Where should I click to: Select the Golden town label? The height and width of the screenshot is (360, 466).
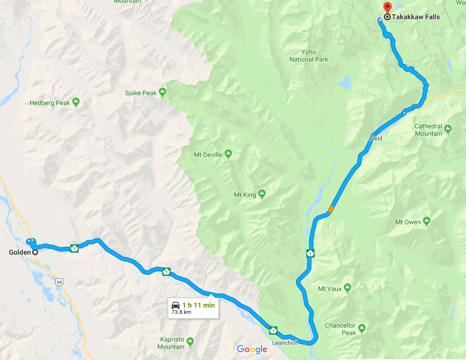click(19, 252)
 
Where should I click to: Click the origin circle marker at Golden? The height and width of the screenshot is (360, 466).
click(35, 252)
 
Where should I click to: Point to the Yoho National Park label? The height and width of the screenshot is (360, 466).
click(309, 56)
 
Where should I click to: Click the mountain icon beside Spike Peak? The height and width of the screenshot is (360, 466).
click(162, 92)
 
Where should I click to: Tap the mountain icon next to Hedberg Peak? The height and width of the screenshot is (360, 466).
click(76, 102)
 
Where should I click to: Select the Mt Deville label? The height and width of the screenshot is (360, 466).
click(208, 155)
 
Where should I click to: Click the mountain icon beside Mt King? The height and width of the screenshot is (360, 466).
click(262, 194)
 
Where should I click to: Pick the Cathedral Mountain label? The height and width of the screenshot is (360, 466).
click(428, 130)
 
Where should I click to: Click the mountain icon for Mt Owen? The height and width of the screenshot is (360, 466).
click(427, 220)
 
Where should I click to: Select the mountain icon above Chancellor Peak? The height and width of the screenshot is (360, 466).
click(362, 327)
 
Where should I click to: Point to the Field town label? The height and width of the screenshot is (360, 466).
click(375, 139)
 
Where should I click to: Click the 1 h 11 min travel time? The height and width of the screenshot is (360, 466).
click(199, 305)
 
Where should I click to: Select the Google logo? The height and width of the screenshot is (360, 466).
click(252, 349)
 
